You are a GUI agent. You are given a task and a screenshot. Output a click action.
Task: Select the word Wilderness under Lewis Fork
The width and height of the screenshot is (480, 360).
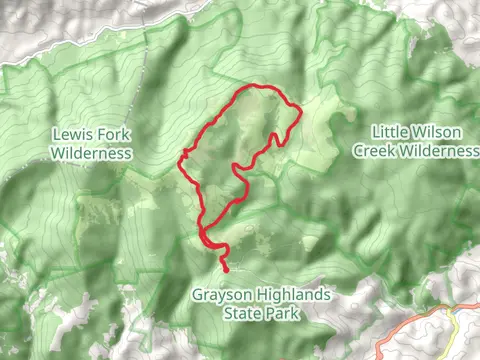92,154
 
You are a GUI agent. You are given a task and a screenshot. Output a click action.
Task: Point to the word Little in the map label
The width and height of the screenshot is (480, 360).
392,132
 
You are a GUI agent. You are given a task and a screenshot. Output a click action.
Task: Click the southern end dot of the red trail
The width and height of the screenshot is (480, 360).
227,270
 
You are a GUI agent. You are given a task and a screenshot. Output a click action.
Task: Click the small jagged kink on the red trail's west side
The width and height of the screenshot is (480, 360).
183,156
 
